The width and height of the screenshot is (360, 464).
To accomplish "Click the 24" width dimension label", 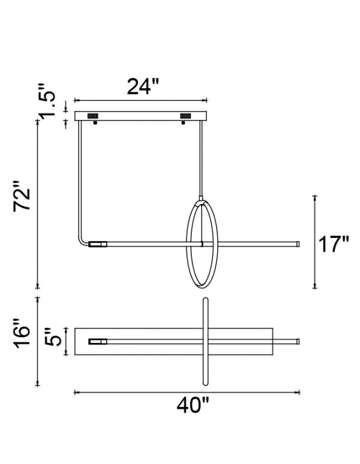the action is [x=143, y=86].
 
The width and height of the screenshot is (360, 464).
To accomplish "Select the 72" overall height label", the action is [x=22, y=195].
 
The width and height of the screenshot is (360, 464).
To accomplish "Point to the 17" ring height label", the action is [x=334, y=244].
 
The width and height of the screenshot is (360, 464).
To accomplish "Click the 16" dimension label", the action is [x=22, y=333].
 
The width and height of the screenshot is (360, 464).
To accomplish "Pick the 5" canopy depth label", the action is [x=53, y=337].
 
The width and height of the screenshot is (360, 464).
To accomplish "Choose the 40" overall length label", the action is [x=193, y=405].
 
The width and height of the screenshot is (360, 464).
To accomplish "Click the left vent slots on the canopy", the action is [x=93, y=116].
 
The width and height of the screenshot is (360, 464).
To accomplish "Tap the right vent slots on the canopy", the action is [x=185, y=116].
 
